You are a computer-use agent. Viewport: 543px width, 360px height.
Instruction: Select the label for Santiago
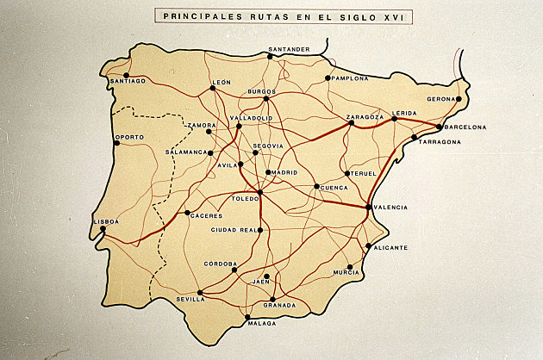pyautogui.click(x=128, y=83)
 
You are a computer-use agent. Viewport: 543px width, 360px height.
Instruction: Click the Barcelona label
pyautogui.click(x=465, y=127)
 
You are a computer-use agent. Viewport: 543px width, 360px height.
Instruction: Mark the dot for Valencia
pyautogui.click(x=368, y=207)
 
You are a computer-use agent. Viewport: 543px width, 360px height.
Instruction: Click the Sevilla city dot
pyautogui.click(x=200, y=292)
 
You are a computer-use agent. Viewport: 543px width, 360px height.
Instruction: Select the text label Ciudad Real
pyautogui.click(x=235, y=231)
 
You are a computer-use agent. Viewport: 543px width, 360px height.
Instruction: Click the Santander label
pyautogui.click(x=289, y=49)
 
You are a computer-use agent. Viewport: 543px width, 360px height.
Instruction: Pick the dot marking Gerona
pyautogui.click(x=459, y=99)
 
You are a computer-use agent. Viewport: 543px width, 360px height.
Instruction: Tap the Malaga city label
pyautogui.click(x=261, y=324)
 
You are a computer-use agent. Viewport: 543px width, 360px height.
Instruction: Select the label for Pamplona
pyautogui.click(x=349, y=78)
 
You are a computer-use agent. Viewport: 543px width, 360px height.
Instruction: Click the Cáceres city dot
pyautogui.click(x=187, y=213)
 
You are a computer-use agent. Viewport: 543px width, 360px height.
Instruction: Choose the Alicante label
pyautogui.click(x=390, y=247)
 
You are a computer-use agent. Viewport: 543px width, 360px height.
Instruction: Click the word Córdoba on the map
pyautogui.click(x=221, y=263)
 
